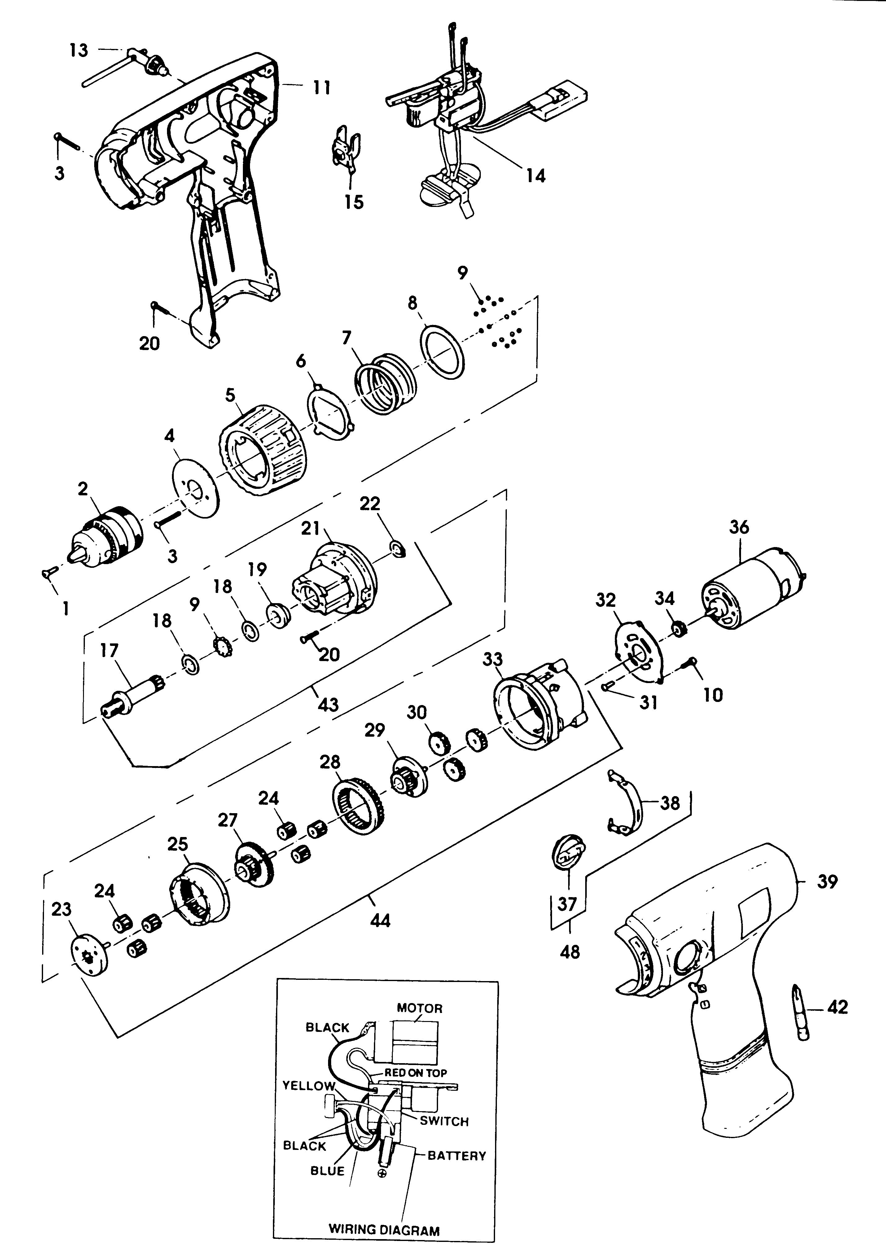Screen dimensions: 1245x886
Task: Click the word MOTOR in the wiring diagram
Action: pyautogui.click(x=419, y=1008)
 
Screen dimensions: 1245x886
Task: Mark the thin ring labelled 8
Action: pyautogui.click(x=444, y=352)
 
